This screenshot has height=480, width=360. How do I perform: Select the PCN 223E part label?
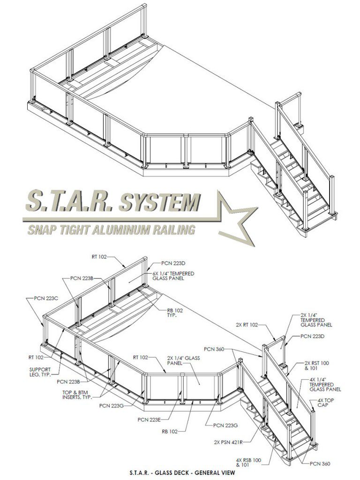point(149,419)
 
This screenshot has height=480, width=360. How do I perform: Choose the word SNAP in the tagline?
point(41,230)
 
